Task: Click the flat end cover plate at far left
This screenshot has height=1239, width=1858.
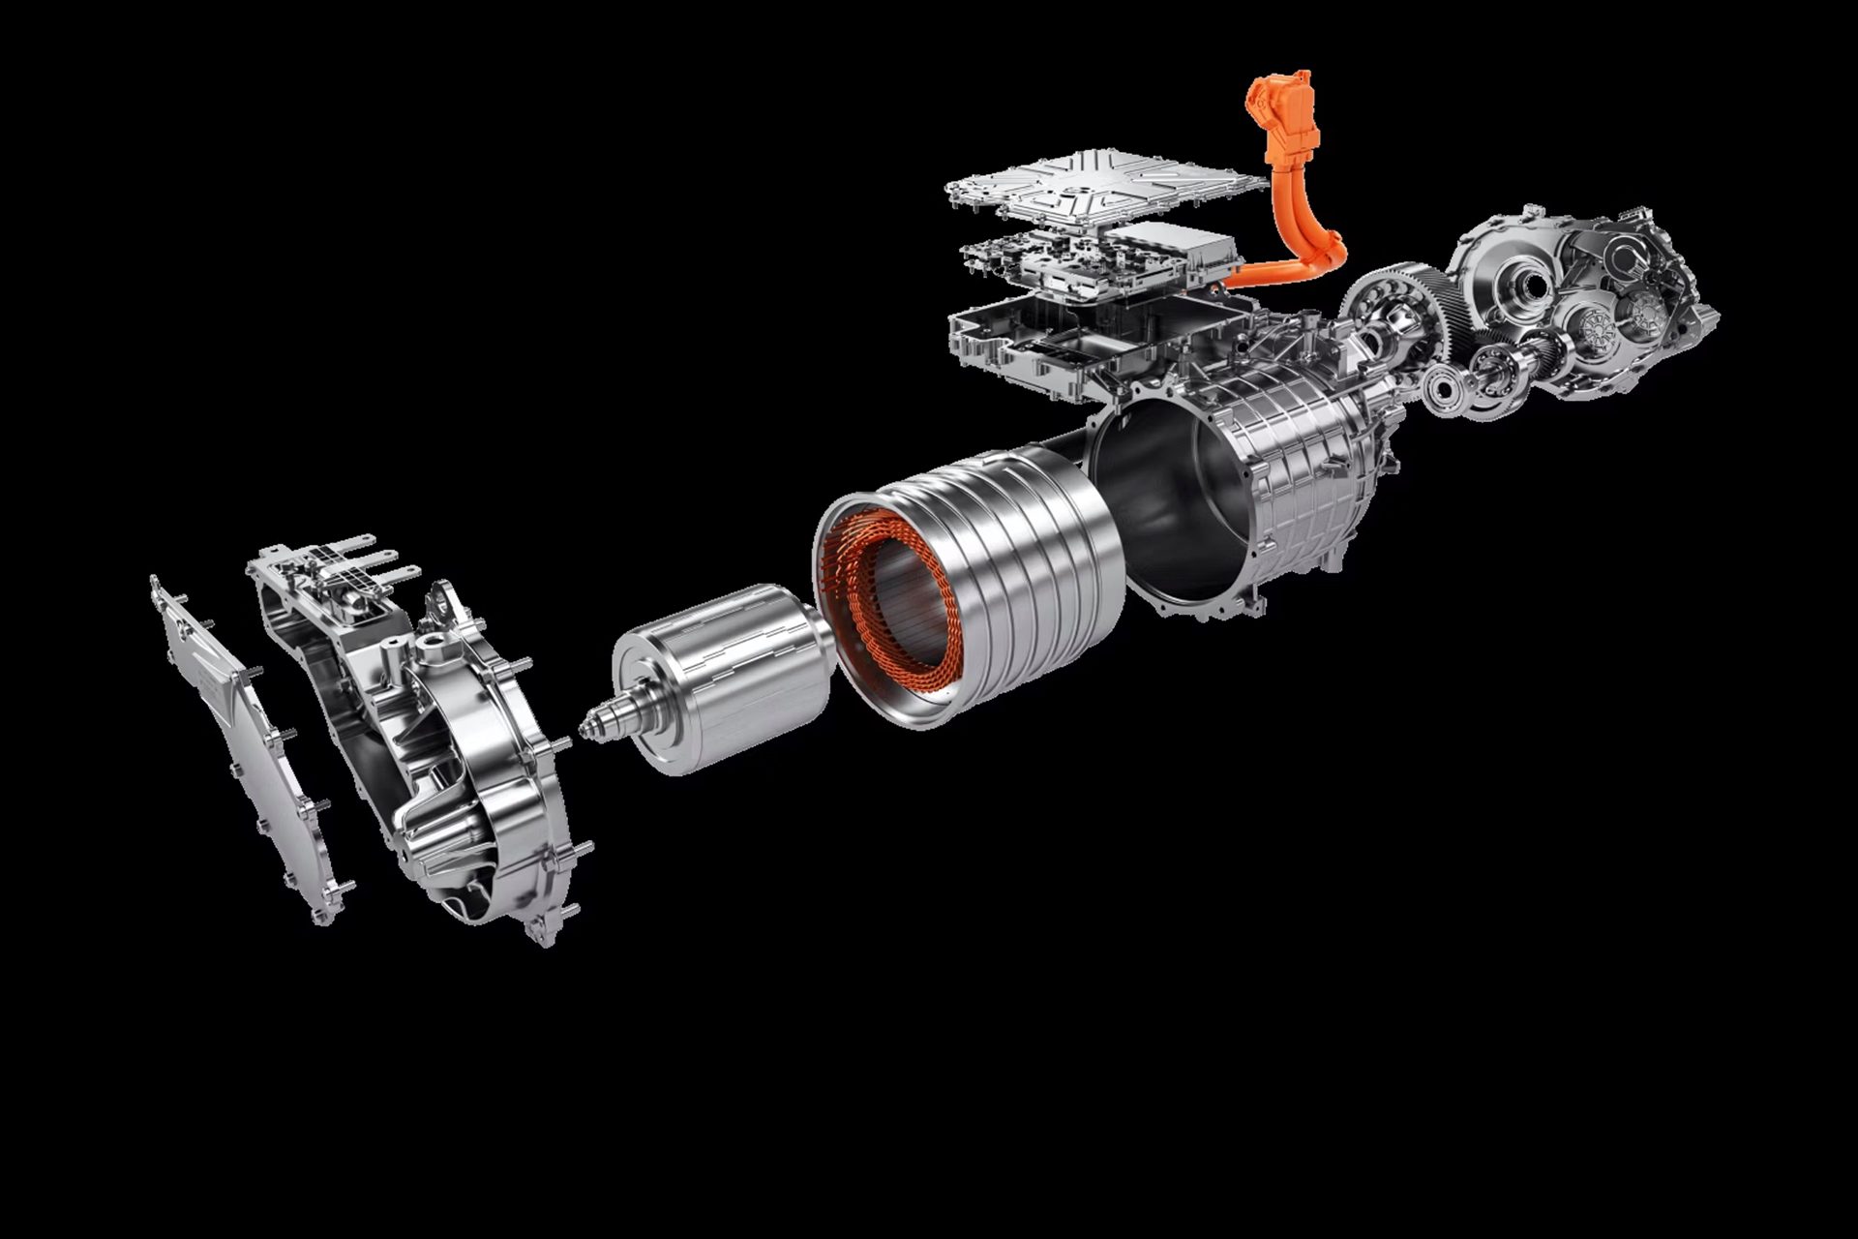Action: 247,745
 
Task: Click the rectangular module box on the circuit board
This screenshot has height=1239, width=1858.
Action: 1171,247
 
